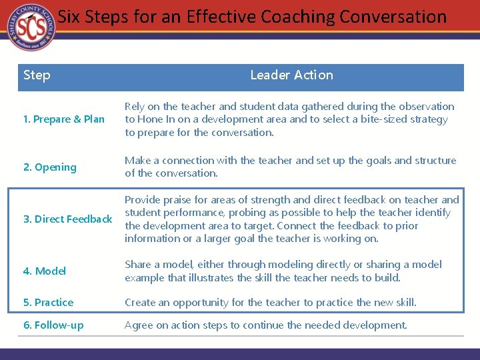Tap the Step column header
[37, 75]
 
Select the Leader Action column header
[291, 75]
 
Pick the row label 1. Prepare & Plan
[64, 119]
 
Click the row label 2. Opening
[50, 167]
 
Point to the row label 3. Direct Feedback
[67, 219]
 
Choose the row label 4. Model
[45, 271]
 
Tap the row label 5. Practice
[49, 303]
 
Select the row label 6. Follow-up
[53, 325]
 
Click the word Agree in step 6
[139, 325]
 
